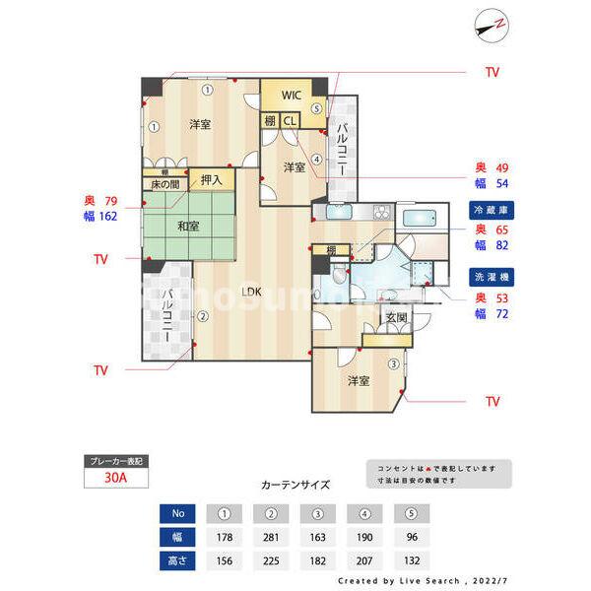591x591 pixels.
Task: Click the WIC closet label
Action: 292,96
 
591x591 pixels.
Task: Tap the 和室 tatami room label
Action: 188,226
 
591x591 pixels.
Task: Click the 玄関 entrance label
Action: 396,317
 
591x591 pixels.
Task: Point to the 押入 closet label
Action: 212,179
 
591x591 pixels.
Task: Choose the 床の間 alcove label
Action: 164,184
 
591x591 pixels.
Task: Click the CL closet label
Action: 290,120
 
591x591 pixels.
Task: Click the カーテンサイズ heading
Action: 295,485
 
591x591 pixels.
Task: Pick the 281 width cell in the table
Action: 269,538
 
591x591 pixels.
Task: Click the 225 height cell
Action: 269,562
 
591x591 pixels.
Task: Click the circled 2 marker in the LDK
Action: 202,316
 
